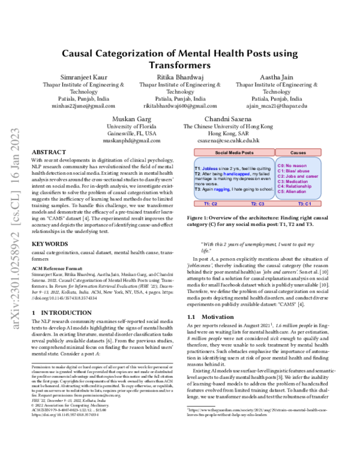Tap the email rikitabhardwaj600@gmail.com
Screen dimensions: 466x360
[179, 106]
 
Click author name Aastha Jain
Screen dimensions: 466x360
[276, 78]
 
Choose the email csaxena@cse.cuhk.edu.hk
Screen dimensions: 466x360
[228, 141]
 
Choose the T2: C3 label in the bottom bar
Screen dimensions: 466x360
[259, 204]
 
